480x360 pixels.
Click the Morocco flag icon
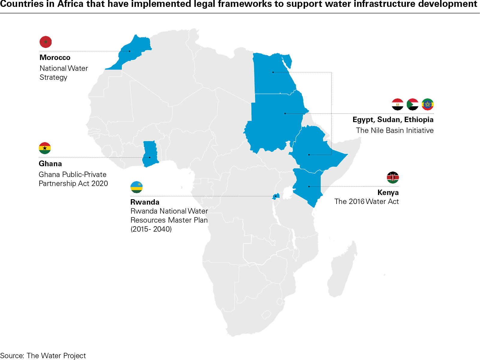click(46, 42)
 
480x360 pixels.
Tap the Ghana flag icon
click(45, 148)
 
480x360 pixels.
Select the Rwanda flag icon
click(136, 187)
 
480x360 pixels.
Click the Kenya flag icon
click(393, 178)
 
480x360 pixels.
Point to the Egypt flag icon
click(397, 104)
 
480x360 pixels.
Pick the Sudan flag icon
click(412, 104)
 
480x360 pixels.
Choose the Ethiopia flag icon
click(427, 104)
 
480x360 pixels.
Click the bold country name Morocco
click(55, 58)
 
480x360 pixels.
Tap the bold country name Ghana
click(50, 164)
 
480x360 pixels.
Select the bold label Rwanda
click(145, 202)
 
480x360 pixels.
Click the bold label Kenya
click(388, 193)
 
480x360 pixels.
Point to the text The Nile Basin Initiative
click(394, 130)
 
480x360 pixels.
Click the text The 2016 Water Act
click(366, 202)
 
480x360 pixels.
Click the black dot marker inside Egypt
click(273, 72)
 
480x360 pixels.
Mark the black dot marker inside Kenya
click(309, 187)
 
